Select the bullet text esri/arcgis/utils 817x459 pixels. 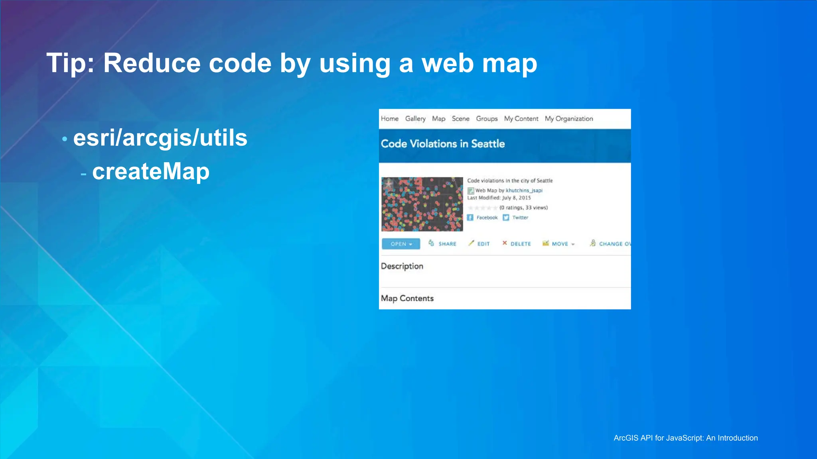160,138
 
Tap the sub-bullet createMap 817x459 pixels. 151,172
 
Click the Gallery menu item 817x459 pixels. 415,119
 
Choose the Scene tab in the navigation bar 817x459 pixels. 460,119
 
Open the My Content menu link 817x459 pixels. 521,119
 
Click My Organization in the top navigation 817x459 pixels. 569,119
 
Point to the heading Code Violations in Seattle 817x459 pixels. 443,144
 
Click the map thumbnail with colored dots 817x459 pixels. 422,204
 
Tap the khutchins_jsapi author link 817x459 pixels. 524,190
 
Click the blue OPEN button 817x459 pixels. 401,244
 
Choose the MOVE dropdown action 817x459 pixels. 560,244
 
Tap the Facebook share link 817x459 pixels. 487,218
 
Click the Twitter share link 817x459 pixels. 520,218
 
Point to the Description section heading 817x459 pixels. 402,266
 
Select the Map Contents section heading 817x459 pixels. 407,298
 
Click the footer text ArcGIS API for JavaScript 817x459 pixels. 685,438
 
